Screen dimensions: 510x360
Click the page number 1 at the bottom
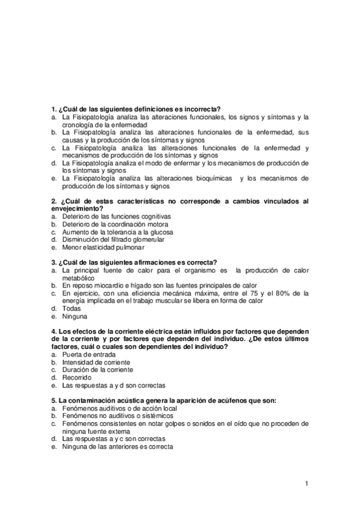(307, 484)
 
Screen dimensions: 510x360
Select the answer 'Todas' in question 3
(72, 309)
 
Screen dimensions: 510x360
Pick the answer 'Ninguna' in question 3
(75, 316)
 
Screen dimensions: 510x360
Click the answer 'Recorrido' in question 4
(78, 378)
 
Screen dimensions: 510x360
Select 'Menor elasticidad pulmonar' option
(103, 247)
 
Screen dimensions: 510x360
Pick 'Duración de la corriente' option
(97, 370)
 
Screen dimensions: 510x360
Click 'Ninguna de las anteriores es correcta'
(117, 447)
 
